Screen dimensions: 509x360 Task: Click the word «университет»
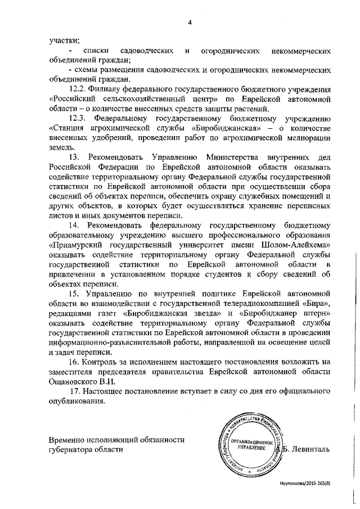point(184,246)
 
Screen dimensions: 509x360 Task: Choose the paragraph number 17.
point(77,391)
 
